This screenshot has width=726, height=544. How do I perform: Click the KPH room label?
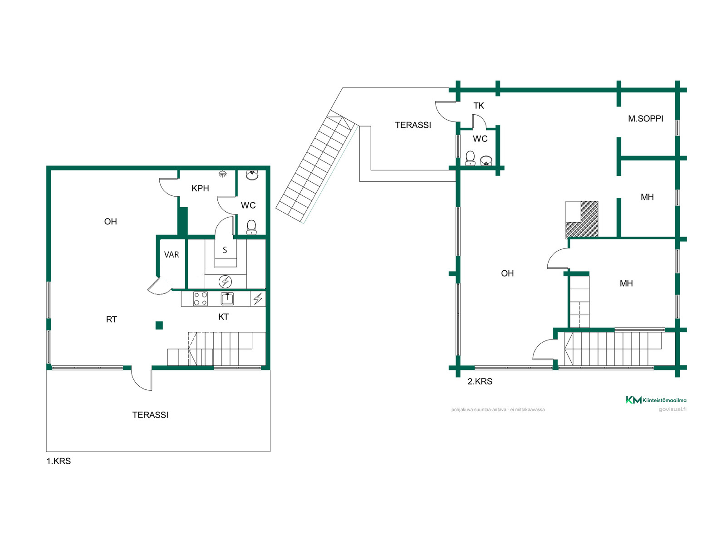[200, 188]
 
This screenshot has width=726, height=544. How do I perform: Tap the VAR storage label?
[172, 254]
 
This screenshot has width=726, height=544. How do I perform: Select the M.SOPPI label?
[645, 119]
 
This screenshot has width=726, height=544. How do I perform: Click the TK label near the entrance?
[478, 106]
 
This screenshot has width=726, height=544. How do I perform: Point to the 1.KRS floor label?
[59, 461]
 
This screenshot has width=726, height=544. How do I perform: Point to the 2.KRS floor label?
[480, 382]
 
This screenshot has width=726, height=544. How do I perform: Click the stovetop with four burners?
[200, 299]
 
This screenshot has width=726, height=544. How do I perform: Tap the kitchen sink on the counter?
[227, 299]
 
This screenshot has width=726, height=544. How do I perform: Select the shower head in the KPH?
[223, 174]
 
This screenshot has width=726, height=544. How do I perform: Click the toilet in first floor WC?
[251, 227]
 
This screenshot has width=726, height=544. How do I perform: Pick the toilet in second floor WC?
[470, 158]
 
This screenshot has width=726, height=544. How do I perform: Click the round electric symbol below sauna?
[225, 282]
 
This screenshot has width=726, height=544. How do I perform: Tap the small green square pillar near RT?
[159, 325]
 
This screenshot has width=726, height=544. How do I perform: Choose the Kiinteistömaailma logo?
[656, 400]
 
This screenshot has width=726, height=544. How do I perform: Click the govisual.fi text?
[672, 409]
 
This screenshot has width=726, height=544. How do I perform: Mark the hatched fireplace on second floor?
[582, 219]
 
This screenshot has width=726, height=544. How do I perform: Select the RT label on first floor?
[112, 320]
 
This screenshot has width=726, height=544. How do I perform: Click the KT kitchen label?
[223, 317]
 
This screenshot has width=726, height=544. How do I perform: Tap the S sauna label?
[225, 250]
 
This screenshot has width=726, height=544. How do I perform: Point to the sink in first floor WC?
[252, 175]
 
